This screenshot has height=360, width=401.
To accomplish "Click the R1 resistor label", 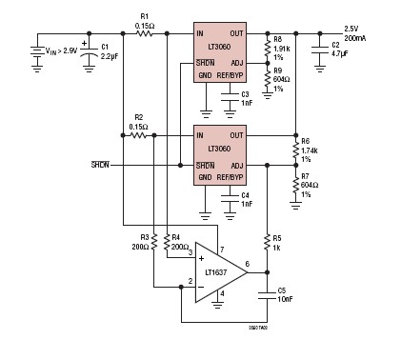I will [145, 20].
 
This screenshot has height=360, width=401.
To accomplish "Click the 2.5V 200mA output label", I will [360, 33].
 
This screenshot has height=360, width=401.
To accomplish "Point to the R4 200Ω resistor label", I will [177, 241].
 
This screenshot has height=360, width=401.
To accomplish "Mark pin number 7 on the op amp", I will [221, 250].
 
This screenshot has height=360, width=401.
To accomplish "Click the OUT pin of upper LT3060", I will [237, 33].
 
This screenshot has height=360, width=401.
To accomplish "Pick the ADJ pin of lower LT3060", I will [238, 166].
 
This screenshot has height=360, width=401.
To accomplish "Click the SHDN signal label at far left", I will [99, 164].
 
